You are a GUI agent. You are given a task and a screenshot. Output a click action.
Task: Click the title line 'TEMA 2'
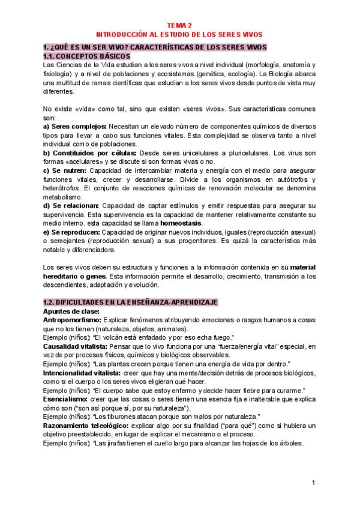click(179, 26)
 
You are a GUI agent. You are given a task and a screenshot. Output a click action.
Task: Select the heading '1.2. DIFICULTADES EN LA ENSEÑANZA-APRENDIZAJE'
click(130, 302)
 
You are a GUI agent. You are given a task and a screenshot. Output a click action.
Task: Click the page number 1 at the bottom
click(313, 483)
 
